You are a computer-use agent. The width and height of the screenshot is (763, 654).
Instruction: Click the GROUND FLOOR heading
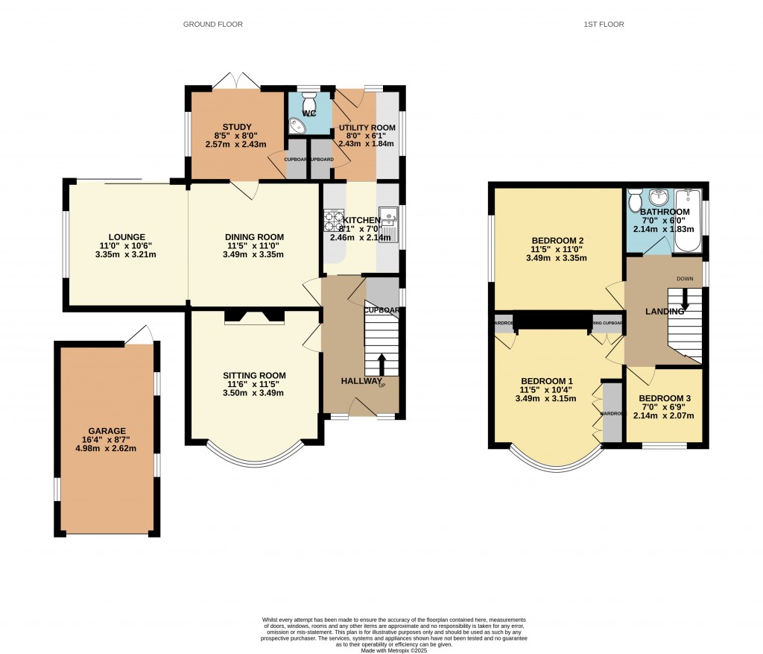click(x=213, y=25)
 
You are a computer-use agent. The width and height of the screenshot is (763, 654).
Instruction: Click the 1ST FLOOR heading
click(x=604, y=25)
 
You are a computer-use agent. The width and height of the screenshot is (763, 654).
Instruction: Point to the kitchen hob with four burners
click(x=332, y=221)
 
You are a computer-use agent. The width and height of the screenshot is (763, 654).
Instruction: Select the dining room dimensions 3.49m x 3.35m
click(x=254, y=254)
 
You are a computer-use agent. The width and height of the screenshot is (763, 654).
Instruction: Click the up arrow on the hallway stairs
click(x=381, y=364)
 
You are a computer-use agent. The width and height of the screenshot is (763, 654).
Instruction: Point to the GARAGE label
click(x=107, y=431)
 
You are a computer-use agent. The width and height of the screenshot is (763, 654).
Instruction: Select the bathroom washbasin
click(x=658, y=198)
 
